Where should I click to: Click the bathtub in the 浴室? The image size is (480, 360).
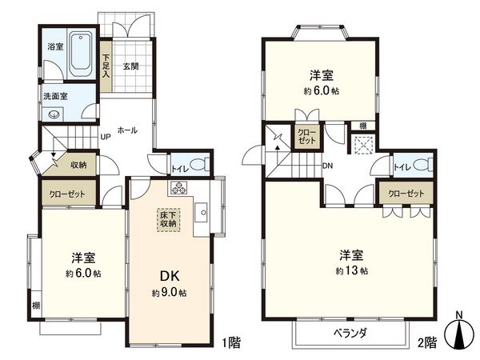click(x=82, y=54)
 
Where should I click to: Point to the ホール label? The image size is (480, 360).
click(x=126, y=128)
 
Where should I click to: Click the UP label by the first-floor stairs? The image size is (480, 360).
click(x=105, y=137)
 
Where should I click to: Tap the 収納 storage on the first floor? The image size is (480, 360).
click(x=78, y=166)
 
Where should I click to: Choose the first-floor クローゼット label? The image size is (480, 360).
click(x=68, y=194)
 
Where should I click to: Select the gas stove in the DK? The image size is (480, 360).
click(x=178, y=190)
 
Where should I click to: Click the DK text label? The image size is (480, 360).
click(x=169, y=276)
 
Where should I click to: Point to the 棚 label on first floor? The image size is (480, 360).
click(x=37, y=306)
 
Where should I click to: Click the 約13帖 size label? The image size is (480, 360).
click(x=352, y=271)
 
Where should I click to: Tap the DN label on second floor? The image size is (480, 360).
click(x=327, y=166)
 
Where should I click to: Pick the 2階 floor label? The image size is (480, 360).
click(x=425, y=342)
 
